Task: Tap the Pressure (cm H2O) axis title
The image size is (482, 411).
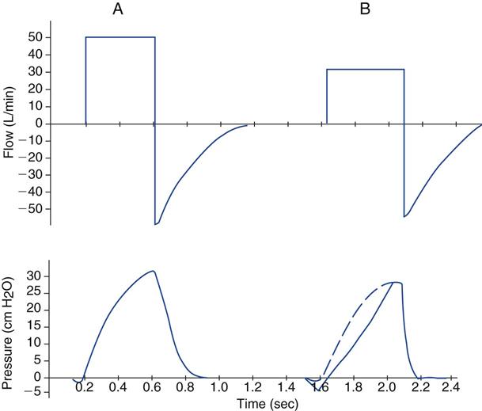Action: click(10, 324)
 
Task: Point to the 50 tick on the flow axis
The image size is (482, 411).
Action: click(35, 37)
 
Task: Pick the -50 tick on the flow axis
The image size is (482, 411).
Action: click(32, 209)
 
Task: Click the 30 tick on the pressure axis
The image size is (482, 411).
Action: click(35, 276)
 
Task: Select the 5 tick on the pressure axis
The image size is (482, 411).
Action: click(38, 360)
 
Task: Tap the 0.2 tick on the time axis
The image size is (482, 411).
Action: click(85, 389)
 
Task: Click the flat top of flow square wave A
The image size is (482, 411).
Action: click(120, 36)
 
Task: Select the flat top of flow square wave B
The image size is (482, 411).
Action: click(366, 70)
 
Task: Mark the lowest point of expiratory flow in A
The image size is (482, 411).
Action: click(156, 224)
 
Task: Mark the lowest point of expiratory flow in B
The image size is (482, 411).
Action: click(405, 216)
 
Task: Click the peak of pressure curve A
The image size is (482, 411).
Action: click(153, 271)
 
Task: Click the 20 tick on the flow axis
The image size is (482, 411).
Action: click(35, 89)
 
